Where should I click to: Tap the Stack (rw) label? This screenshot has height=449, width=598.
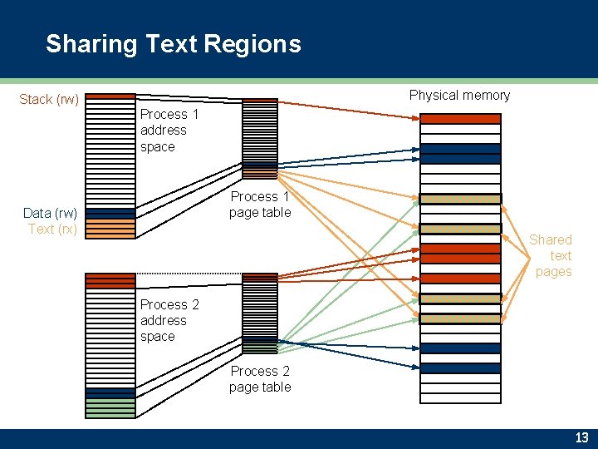pyautogui.click(x=49, y=100)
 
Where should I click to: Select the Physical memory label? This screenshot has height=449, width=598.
pyautogui.click(x=459, y=95)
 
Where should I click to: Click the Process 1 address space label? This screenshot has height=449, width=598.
pyautogui.click(x=169, y=131)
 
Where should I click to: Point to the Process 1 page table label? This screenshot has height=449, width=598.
pyautogui.click(x=260, y=205)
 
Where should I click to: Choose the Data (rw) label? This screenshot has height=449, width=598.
pyautogui.click(x=51, y=213)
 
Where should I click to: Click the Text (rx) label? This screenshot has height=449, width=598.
pyautogui.click(x=53, y=229)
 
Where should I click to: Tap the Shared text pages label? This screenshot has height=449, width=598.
pyautogui.click(x=552, y=255)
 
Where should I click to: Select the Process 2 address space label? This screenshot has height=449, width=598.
pyautogui.click(x=169, y=320)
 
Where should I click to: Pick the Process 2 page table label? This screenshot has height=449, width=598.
pyautogui.click(x=260, y=379)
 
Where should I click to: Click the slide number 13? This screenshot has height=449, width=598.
pyautogui.click(x=581, y=438)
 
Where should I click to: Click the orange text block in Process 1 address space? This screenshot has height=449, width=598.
pyautogui.click(x=110, y=229)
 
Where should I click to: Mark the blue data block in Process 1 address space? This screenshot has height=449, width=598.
pyautogui.click(x=110, y=214)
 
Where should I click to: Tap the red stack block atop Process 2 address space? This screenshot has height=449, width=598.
pyautogui.click(x=110, y=280)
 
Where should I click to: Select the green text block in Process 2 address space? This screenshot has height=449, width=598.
pyautogui.click(x=110, y=408)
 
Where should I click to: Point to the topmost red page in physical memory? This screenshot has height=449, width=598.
pyautogui.click(x=460, y=118)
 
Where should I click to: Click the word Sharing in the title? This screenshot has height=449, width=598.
pyautogui.click(x=91, y=43)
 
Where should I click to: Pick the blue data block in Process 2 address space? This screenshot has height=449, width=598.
pyautogui.click(x=110, y=393)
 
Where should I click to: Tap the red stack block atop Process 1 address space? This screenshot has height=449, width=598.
pyautogui.click(x=110, y=96)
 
